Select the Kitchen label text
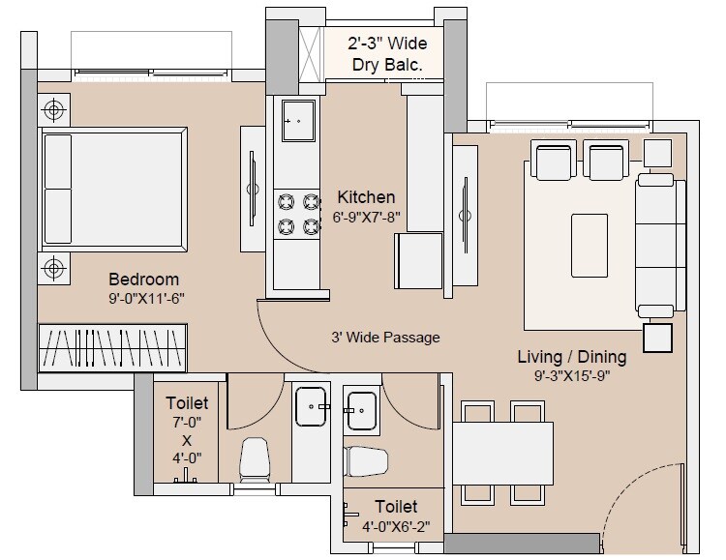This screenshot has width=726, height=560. pyautogui.click(x=366, y=197)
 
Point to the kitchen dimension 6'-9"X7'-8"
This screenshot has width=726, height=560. pyautogui.click(x=366, y=217)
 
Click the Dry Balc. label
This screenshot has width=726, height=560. pyautogui.click(x=387, y=66)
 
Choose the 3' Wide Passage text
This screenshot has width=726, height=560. pyautogui.click(x=384, y=338)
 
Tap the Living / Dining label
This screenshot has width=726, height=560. pyautogui.click(x=571, y=357)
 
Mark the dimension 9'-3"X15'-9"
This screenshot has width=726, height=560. pyautogui.click(x=571, y=376)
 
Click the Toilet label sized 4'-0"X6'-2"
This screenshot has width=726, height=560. pyautogui.click(x=396, y=507)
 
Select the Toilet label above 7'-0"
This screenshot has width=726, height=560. pyautogui.click(x=187, y=402)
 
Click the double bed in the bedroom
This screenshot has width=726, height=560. pyautogui.click(x=112, y=188)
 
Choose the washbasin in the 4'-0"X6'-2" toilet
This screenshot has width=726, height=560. pyautogui.click(x=361, y=410)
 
